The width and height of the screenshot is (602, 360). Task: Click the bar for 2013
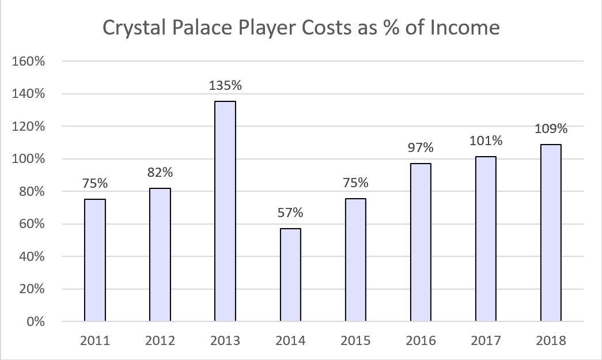(225, 211)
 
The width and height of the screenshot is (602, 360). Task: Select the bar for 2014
(290, 275)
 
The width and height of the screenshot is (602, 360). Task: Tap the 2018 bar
(551, 233)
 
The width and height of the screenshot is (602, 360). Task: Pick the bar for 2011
(95, 260)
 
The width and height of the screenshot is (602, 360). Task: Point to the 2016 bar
(421, 242)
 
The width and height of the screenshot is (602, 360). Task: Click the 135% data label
(225, 85)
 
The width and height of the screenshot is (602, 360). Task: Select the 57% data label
(290, 212)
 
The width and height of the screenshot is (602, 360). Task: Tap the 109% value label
(551, 128)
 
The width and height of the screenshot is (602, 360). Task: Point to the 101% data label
(486, 141)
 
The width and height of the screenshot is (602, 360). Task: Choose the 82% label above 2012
(160, 172)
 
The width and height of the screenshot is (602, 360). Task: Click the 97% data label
(421, 147)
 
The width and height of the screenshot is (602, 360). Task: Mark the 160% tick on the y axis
(28, 61)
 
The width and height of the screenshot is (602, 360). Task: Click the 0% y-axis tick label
(36, 321)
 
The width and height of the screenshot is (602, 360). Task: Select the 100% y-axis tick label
(28, 158)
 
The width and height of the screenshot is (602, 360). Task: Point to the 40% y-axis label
(32, 256)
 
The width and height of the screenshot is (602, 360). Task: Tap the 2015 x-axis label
(355, 340)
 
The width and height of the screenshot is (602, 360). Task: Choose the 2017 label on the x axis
(486, 340)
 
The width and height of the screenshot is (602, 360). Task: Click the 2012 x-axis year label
(160, 340)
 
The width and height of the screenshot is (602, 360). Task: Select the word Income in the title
(464, 28)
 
